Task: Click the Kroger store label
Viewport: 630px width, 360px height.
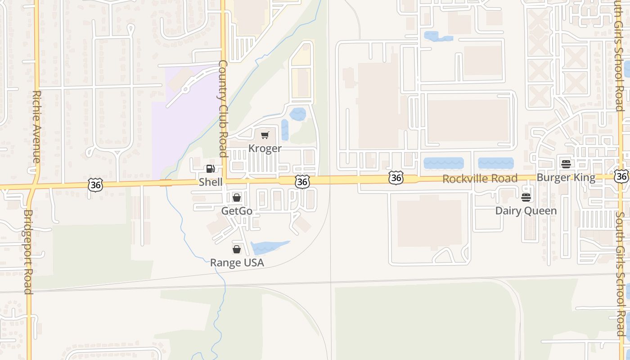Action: coord(265,148)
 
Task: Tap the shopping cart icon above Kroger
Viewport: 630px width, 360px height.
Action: coord(265,135)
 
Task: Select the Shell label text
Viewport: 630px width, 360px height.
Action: coord(211,182)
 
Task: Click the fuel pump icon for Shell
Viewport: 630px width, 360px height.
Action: coord(210,169)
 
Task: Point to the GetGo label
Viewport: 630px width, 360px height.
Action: coord(237,211)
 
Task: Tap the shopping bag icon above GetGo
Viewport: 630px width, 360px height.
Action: coord(237,198)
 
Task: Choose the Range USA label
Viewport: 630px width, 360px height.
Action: coord(237,263)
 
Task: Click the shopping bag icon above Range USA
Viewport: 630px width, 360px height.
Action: coord(237,249)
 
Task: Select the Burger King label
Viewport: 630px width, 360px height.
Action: coord(566,177)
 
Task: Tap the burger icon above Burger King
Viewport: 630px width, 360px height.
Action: coord(566,164)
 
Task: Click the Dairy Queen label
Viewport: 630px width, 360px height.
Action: coord(526,211)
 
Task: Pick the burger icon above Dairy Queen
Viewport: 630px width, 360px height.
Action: coord(526,197)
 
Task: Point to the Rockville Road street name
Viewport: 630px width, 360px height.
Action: coord(480,179)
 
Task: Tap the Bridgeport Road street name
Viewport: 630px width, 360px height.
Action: coord(28,252)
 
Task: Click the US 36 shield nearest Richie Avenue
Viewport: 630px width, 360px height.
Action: coord(96,184)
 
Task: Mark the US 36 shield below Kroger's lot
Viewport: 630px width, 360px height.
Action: coord(303,182)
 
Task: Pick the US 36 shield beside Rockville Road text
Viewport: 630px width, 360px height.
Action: coord(396,178)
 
